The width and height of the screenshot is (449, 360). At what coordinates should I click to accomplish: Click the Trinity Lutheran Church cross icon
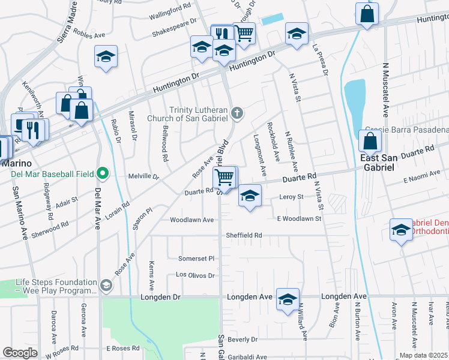[x=238, y=112]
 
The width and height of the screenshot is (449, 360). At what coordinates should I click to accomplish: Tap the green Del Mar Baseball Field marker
[x=103, y=174]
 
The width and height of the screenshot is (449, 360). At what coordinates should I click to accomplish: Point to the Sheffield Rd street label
[x=244, y=235]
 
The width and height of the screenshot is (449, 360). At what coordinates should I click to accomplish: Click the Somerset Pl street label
[x=196, y=258]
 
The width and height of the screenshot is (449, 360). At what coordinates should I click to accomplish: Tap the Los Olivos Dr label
[x=194, y=275]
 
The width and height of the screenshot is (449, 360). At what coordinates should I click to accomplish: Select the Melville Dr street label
[x=143, y=177]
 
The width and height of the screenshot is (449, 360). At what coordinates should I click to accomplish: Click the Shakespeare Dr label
[x=175, y=21]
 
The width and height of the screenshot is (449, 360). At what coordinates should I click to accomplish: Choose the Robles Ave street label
[x=92, y=35]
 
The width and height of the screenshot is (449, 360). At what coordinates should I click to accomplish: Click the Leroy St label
[x=292, y=196]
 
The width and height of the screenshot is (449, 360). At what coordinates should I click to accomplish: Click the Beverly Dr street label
[x=243, y=339]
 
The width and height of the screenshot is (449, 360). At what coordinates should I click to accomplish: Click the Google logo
[x=20, y=353]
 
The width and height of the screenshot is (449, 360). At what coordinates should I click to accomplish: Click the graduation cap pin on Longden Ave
[x=288, y=298]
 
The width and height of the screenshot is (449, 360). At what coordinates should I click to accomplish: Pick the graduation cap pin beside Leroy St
[x=250, y=196]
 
